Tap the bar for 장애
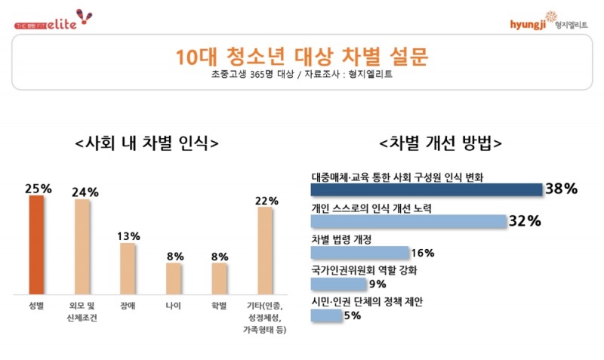click(128, 269)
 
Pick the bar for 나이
click(174, 278)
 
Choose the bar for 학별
click(219, 278)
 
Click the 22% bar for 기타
click(265, 251)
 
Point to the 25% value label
click(38, 189)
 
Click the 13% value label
click(128, 236)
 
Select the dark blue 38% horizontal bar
click(427, 189)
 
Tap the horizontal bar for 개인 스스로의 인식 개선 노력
click(408, 221)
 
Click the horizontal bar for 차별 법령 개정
click(360, 253)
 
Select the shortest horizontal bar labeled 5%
click(326, 316)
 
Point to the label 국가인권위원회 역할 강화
click(364, 270)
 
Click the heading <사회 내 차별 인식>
click(147, 143)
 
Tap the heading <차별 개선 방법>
click(442, 143)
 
